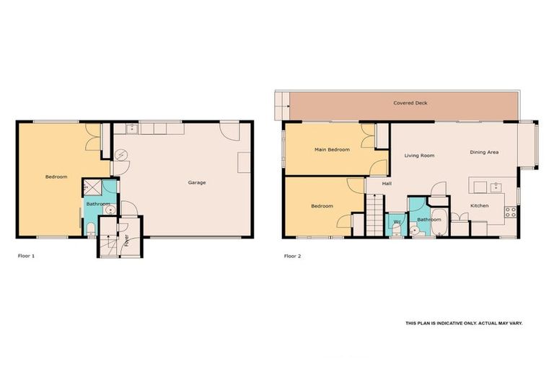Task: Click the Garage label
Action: tap(197, 182)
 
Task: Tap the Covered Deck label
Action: tap(410, 103)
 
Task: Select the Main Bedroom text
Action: tap(332, 150)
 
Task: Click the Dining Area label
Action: tap(484, 152)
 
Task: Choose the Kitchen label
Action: tap(479, 206)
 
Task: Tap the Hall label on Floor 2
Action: tap(387, 184)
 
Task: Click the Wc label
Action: tap(397, 221)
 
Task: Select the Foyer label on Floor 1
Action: tap(126, 240)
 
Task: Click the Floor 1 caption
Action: tap(26, 256)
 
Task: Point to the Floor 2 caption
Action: tap(292, 256)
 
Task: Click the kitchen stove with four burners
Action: tap(510, 212)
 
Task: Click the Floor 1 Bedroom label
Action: tap(56, 177)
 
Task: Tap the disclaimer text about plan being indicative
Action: tap(463, 324)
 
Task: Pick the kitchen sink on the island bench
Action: tap(496, 187)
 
